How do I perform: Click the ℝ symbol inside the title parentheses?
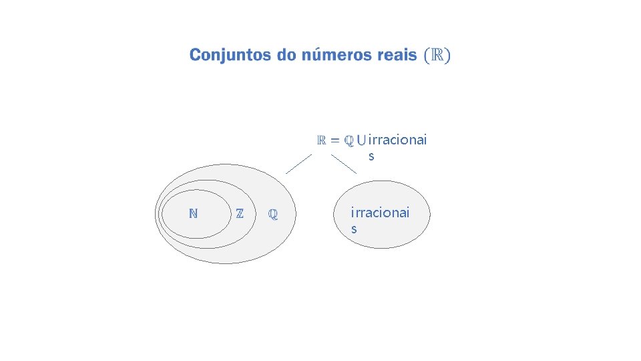click(437, 55)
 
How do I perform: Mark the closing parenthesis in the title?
click(447, 55)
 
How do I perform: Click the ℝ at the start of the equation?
click(321, 140)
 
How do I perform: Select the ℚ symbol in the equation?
click(349, 140)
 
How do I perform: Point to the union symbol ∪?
click(361, 141)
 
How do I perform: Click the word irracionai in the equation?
click(397, 140)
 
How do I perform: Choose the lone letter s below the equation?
click(371, 156)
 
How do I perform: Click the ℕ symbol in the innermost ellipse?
click(193, 214)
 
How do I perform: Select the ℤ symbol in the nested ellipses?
click(240, 214)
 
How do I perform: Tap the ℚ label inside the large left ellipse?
click(272, 215)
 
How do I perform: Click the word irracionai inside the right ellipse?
click(381, 213)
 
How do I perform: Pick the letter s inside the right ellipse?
click(354, 229)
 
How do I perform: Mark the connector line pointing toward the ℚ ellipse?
click(298, 164)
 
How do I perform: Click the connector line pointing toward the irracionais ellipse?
click(344, 164)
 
